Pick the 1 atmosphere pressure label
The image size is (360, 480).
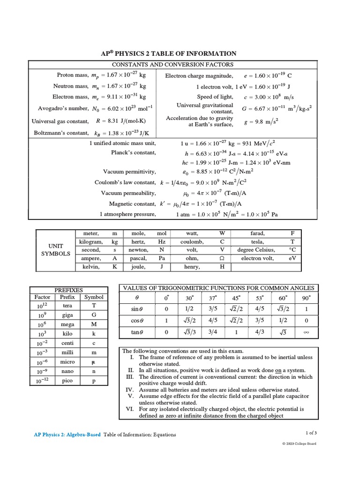tap(127, 214)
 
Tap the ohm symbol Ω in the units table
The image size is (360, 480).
tap(222, 258)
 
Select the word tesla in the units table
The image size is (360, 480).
tap(258, 241)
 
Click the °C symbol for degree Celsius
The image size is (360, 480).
tap(292, 250)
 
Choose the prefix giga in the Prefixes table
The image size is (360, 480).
tap(67, 315)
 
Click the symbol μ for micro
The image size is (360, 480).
tap(94, 362)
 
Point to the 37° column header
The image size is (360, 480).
tap(212, 298)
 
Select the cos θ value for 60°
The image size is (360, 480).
tap(283, 321)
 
